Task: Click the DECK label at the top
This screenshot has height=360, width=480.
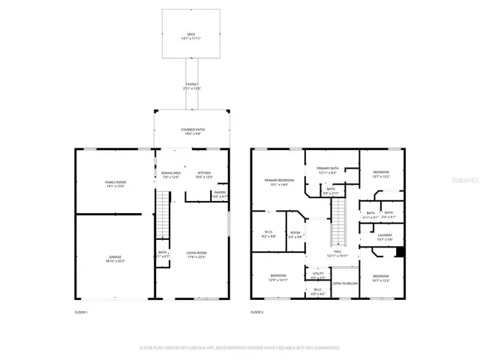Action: click(x=191, y=35)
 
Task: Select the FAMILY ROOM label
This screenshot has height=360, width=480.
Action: click(x=115, y=184)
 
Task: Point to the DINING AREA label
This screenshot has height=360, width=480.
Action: click(x=171, y=175)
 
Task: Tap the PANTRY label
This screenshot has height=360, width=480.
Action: click(x=220, y=193)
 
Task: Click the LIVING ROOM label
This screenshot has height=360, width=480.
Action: click(x=196, y=255)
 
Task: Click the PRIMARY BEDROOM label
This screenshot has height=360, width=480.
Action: click(x=278, y=181)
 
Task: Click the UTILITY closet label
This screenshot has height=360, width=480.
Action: click(x=318, y=274)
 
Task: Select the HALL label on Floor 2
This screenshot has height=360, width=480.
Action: click(x=337, y=253)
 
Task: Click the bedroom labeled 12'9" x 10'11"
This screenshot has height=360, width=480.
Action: click(x=278, y=277)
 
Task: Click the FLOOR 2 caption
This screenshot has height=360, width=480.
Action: click(x=257, y=311)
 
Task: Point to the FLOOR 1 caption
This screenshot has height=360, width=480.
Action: click(x=81, y=311)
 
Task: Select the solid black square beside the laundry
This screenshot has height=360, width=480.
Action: click(x=400, y=251)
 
